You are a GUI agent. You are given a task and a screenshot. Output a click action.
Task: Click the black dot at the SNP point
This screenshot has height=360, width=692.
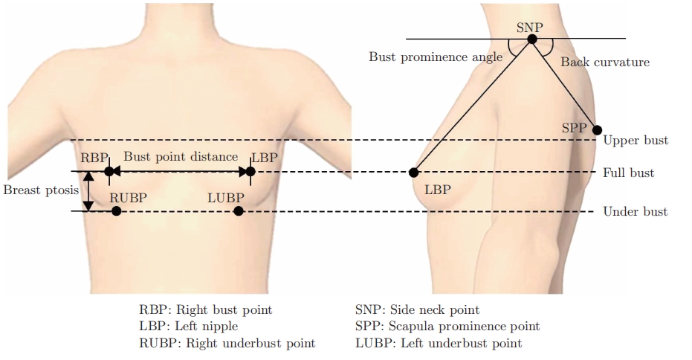532,39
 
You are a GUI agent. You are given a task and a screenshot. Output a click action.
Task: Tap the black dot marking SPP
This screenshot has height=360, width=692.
597,129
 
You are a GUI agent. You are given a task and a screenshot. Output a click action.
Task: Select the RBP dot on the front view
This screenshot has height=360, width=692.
109,172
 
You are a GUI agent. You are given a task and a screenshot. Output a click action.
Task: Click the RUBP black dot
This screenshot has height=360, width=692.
116,211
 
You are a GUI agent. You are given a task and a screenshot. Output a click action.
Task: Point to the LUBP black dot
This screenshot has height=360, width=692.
238,211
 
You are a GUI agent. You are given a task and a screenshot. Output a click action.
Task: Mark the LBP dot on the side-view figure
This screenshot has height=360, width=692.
414,173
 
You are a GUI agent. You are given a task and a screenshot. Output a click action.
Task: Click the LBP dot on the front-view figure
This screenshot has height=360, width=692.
250,172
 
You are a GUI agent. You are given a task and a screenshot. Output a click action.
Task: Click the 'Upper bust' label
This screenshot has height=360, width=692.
636,140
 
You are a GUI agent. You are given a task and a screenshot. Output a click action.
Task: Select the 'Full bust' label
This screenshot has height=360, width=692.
629,173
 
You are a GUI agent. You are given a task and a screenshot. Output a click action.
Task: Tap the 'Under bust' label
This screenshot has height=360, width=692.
635,212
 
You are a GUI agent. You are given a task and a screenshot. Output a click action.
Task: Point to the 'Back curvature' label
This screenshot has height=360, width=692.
605,62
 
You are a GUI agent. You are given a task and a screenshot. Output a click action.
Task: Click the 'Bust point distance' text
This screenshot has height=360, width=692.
181,157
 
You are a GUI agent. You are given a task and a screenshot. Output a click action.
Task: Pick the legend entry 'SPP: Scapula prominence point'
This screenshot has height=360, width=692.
448,327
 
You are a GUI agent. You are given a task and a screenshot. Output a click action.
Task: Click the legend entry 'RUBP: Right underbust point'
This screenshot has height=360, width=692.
227,344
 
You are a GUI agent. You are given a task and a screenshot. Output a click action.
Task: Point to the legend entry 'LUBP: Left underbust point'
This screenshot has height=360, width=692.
439,344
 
